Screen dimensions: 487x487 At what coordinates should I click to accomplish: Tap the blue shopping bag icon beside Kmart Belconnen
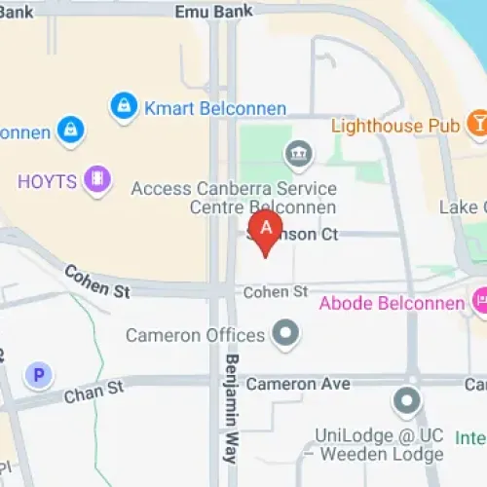124,106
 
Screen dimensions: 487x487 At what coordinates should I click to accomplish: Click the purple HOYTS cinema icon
95,178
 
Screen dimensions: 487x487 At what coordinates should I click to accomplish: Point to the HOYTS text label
46,180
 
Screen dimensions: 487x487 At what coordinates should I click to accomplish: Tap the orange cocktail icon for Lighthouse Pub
478,124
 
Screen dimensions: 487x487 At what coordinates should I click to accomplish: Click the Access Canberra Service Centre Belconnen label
234,198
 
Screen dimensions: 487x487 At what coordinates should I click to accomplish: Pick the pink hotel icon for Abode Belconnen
481,302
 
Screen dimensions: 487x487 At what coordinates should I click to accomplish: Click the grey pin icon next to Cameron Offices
285,334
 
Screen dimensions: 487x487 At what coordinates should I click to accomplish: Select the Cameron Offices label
195,335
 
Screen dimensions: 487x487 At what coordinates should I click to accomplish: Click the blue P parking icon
39,374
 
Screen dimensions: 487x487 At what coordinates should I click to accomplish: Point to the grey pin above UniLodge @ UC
406,400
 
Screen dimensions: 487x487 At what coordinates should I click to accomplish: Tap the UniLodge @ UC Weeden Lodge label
378,444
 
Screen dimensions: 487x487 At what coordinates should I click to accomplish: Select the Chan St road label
94,392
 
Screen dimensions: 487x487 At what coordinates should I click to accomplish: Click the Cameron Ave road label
297,384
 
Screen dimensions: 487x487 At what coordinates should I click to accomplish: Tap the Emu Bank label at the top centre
214,11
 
